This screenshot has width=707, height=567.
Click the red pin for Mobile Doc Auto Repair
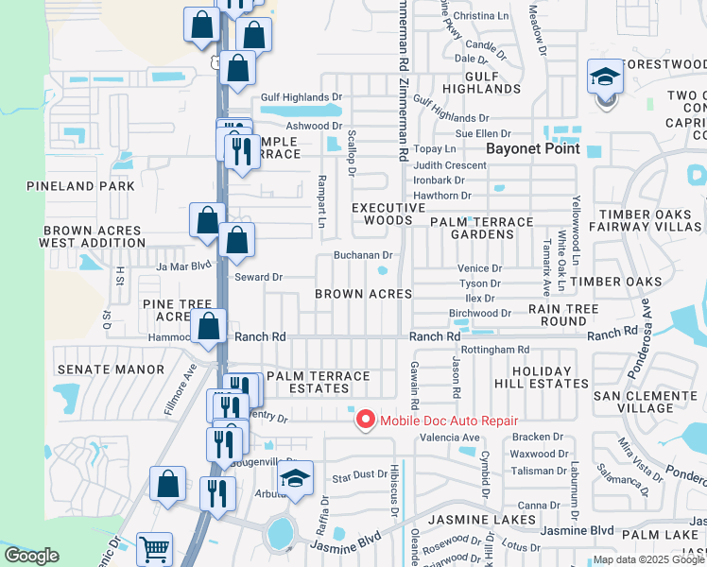pyautogui.click(x=363, y=418)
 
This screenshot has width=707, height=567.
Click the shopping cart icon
pyautogui.click(x=154, y=548)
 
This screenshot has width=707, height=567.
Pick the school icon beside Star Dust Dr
pyautogui.click(x=295, y=480)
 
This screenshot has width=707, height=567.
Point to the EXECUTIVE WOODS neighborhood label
pyautogui.click(x=382, y=214)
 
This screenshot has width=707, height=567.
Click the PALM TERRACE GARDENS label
pyautogui.click(x=480, y=228)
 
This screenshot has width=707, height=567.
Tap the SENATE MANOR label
pyautogui.click(x=111, y=369)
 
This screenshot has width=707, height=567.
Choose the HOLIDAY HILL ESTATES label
pyautogui.click(x=542, y=377)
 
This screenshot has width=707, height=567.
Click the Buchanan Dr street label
pyautogui.click(x=362, y=255)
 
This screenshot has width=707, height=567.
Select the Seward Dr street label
pyautogui.click(x=258, y=277)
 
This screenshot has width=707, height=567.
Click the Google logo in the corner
pyautogui.click(x=32, y=556)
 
